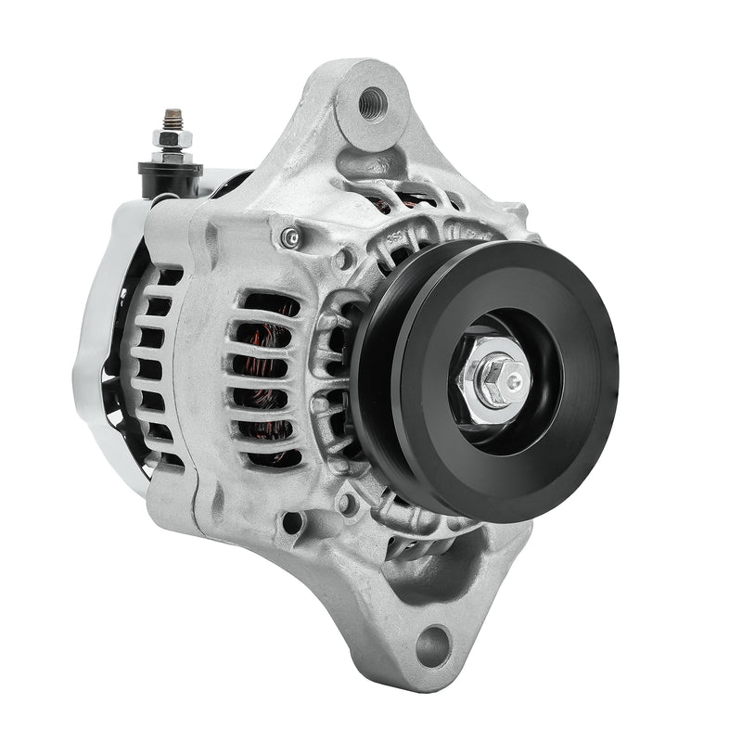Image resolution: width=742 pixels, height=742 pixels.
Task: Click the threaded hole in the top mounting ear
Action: [374, 97]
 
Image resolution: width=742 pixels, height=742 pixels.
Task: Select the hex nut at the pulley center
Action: [489, 375]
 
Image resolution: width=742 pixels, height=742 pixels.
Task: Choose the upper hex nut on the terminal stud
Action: [172, 139]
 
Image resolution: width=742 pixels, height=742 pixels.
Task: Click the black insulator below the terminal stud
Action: [170, 175]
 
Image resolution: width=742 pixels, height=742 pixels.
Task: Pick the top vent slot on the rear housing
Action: [167, 276]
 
